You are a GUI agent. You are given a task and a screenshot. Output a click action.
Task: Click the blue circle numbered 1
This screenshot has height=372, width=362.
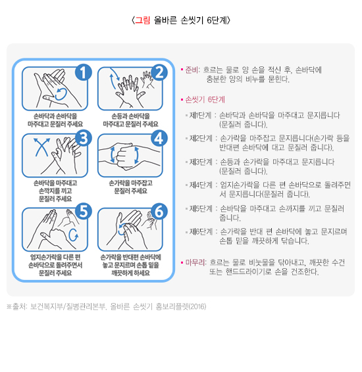[x=83, y=72]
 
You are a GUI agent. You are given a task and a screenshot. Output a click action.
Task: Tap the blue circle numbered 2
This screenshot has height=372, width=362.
[x=159, y=72]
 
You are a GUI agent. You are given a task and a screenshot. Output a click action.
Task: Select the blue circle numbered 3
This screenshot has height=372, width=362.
[x=83, y=138]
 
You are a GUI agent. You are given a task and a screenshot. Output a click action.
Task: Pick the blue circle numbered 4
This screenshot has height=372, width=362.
[x=159, y=138]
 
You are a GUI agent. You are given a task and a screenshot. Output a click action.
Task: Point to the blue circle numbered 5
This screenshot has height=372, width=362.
[x=83, y=211]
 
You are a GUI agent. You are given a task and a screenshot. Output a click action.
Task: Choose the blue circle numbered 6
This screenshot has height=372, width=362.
[x=159, y=211]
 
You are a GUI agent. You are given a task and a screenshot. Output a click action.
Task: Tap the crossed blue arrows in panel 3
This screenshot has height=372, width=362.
[x=42, y=147]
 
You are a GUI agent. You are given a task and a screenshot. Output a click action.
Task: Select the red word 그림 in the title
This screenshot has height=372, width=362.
[x=143, y=20]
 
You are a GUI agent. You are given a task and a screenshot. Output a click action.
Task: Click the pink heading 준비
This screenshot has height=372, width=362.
[x=192, y=70]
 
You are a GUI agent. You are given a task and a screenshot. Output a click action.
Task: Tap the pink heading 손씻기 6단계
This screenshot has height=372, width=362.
[x=205, y=100]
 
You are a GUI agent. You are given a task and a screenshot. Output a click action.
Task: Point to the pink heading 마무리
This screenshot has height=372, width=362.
[x=195, y=263]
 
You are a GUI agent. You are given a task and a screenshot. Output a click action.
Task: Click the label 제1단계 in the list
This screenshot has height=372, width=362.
[x=200, y=116]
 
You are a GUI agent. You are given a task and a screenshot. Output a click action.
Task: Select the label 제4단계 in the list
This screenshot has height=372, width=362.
[x=201, y=185]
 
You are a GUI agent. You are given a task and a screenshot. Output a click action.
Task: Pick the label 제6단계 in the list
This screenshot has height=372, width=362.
[x=201, y=231]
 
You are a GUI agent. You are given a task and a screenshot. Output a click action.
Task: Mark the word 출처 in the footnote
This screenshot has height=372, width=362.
[x=19, y=306]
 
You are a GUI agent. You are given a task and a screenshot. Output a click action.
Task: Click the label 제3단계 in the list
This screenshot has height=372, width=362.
[x=201, y=162]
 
